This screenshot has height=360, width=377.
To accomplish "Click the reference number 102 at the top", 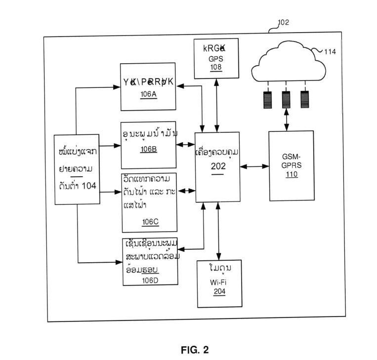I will point(284,22).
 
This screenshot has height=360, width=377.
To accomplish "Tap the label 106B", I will point(148,150).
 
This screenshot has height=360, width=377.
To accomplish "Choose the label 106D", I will point(150,280).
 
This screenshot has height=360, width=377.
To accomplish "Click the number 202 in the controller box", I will point(218,166).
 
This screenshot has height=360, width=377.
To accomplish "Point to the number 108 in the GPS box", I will point(216,67).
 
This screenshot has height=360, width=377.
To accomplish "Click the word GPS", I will point(216,58).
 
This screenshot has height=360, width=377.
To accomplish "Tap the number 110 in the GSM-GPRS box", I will point(291,174).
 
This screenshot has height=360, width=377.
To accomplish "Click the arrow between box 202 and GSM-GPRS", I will point(254,167).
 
